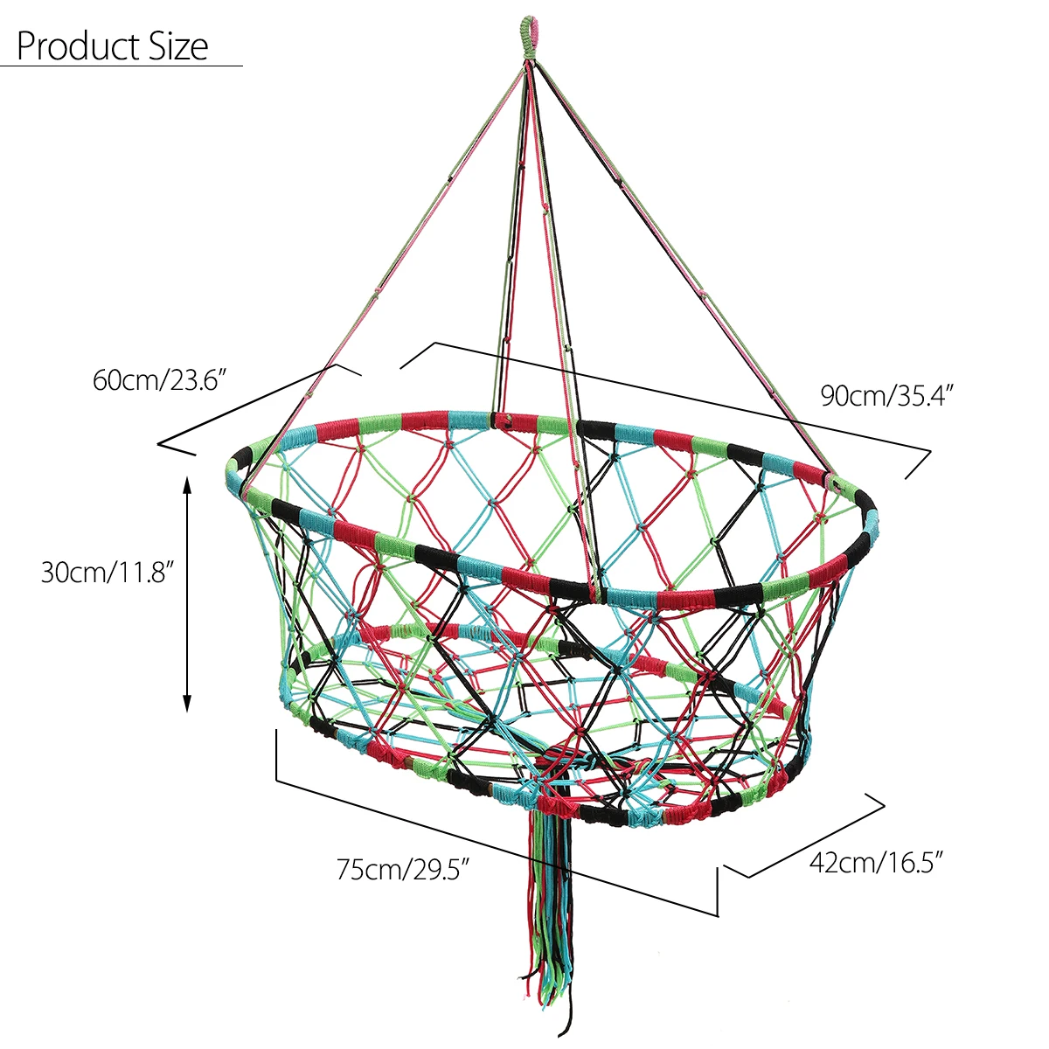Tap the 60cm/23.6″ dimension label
point(161,381)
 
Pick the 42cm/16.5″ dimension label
point(877,863)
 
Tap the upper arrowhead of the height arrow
point(186,483)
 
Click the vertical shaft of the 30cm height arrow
point(186,594)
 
